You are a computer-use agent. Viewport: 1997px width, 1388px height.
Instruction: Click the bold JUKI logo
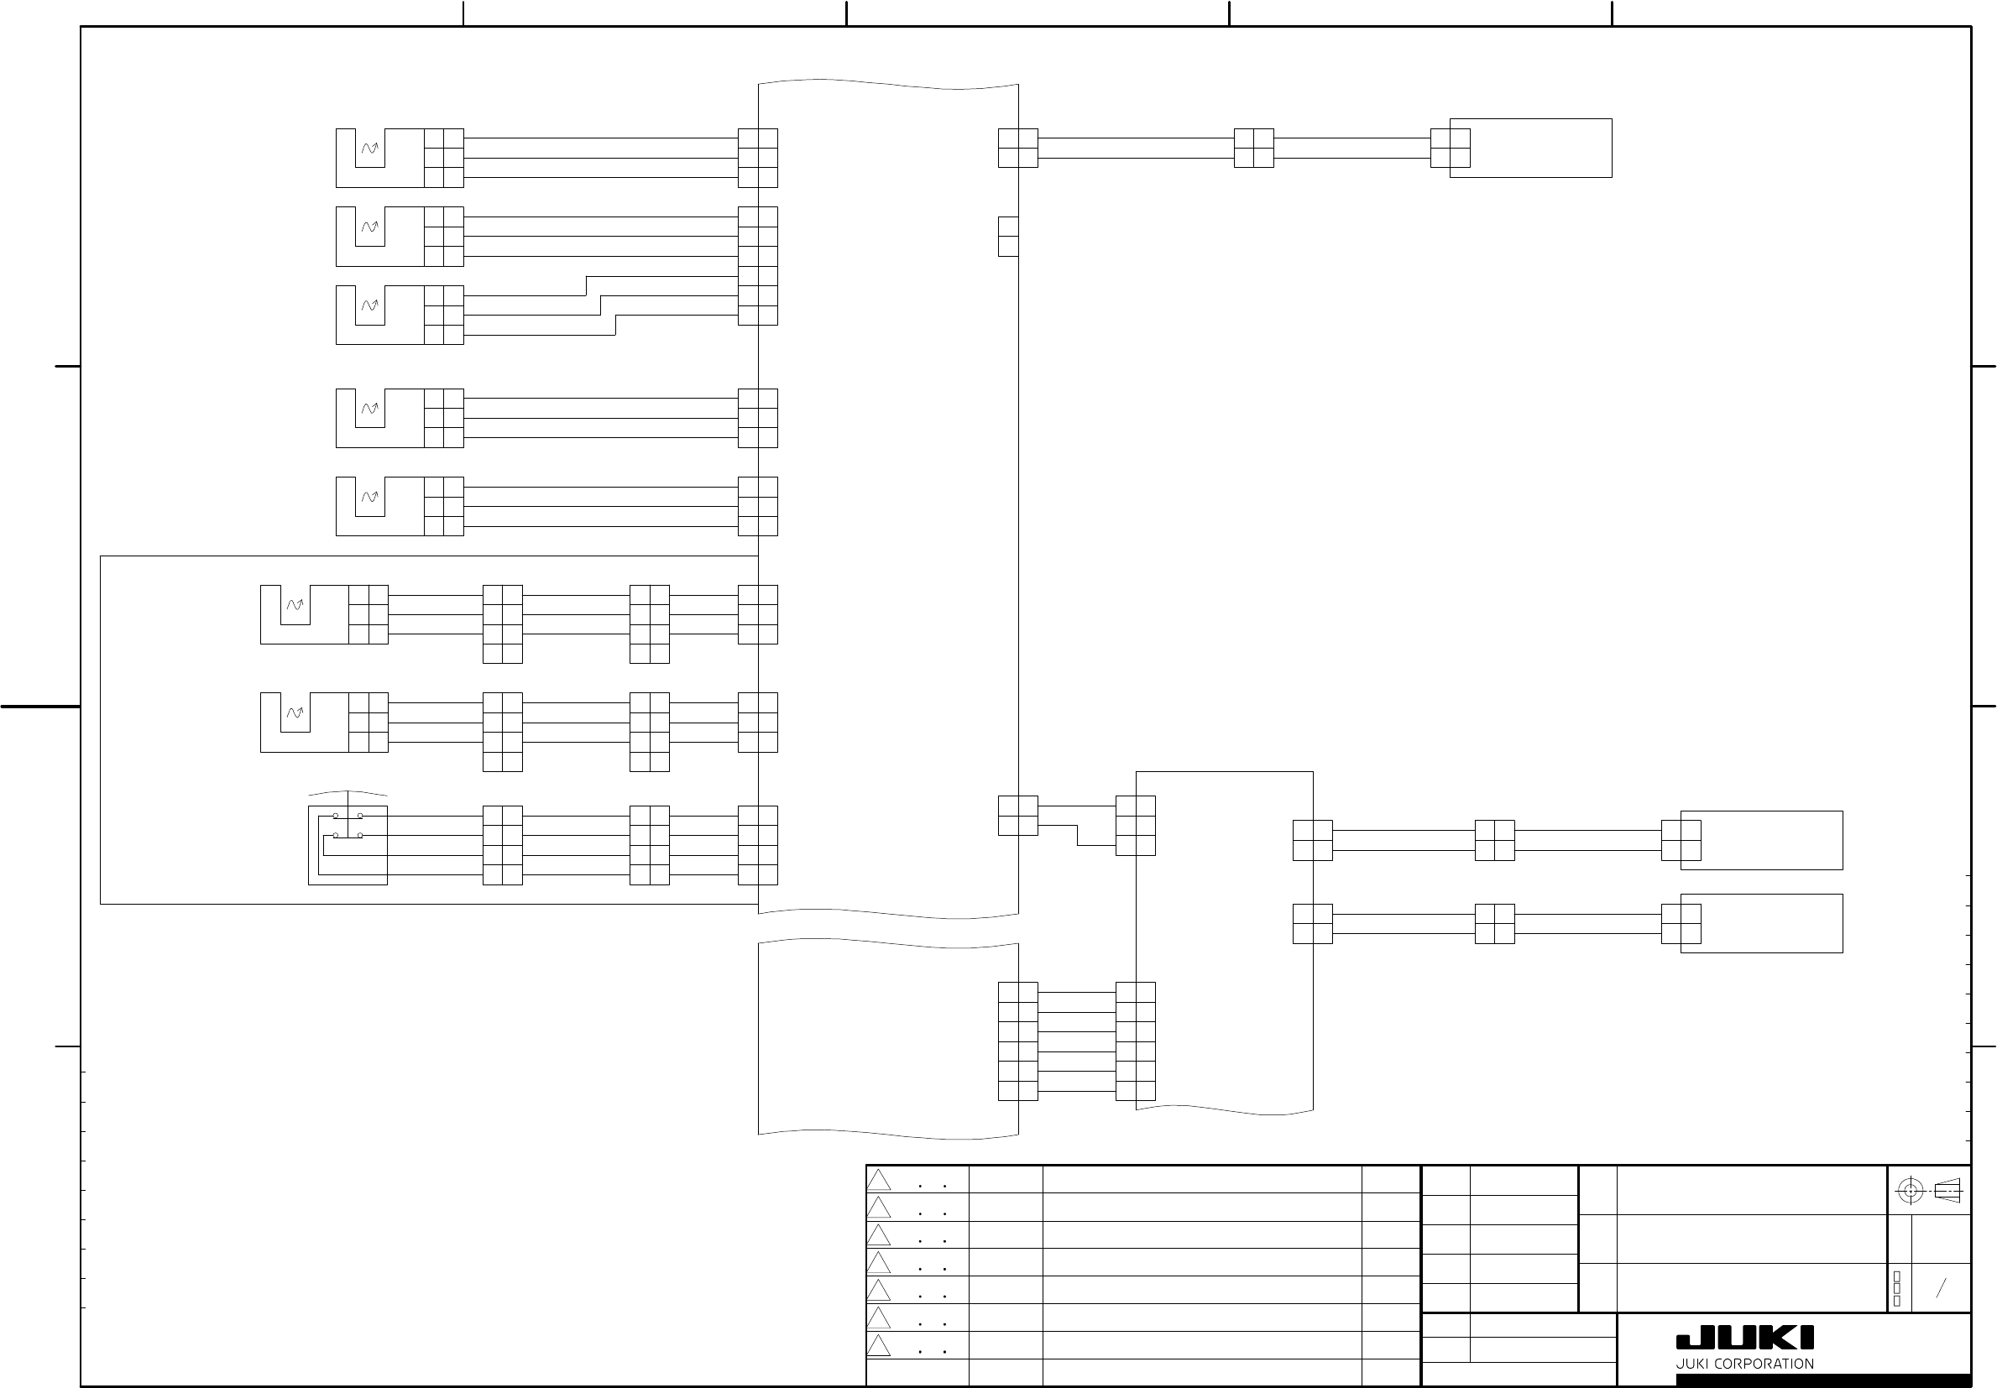coord(1745,1338)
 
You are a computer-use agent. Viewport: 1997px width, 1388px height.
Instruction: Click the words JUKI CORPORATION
coord(1745,1364)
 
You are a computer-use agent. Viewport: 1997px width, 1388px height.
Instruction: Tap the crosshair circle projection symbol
coord(1910,1191)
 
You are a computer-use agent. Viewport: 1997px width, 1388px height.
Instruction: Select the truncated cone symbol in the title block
coord(1949,1191)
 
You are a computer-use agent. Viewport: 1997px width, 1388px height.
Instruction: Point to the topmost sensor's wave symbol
coord(370,149)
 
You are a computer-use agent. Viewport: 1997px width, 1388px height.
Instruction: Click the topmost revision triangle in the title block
coord(879,1180)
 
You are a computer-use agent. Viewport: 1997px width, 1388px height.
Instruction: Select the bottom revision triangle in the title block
coord(879,1345)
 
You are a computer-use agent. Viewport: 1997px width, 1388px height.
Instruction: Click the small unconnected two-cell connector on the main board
coord(1008,237)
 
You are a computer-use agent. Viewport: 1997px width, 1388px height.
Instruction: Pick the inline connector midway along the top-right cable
coord(1253,148)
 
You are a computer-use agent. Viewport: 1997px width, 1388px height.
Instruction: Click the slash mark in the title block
coord(1941,1288)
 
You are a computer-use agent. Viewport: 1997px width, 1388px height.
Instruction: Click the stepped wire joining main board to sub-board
coord(1077,825)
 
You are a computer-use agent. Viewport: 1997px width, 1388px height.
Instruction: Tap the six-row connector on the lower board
coord(1017,1041)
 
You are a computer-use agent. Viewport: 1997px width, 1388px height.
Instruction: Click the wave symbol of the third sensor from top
coord(370,305)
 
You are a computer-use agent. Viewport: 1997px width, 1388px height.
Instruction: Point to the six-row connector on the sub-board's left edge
coord(1135,1041)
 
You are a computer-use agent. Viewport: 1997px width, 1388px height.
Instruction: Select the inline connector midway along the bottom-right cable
coord(1494,923)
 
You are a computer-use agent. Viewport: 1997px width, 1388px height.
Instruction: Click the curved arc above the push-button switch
coord(348,793)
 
